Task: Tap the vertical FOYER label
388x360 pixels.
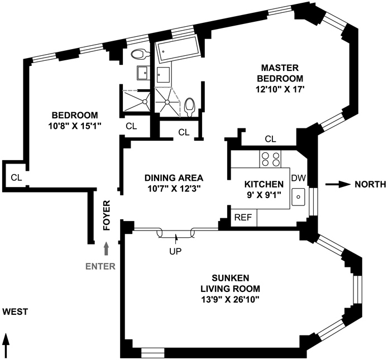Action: click(x=107, y=215)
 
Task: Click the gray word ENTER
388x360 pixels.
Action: click(x=100, y=266)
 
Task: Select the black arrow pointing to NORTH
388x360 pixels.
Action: click(x=337, y=184)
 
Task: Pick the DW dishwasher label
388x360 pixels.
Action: click(x=299, y=177)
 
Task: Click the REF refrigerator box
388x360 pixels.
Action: click(x=242, y=218)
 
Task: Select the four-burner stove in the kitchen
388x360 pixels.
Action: click(x=271, y=159)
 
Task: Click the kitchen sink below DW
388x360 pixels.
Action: click(x=299, y=196)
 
